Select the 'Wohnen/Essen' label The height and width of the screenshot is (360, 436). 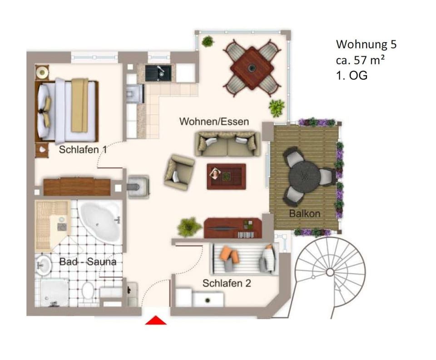pyautogui.click(x=214, y=122)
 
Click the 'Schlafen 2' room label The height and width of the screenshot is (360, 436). pyautogui.click(x=227, y=283)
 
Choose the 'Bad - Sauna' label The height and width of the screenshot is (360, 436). pyautogui.click(x=88, y=262)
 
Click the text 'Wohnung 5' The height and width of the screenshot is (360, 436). pyautogui.click(x=366, y=44)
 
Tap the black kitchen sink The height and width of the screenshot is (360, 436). pyautogui.click(x=160, y=72)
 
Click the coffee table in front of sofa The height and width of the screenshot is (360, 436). pyautogui.click(x=226, y=176)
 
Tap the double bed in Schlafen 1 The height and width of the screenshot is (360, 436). pyautogui.click(x=68, y=110)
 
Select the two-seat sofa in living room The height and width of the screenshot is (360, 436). pyautogui.click(x=228, y=143)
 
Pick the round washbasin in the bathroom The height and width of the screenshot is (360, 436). pyautogui.click(x=44, y=264)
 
